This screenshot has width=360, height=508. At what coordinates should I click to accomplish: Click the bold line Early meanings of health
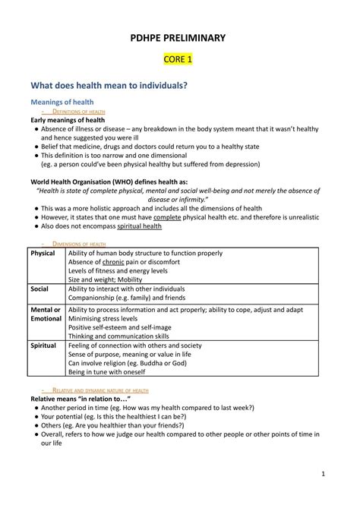point(68,120)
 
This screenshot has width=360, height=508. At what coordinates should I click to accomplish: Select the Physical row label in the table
point(43,253)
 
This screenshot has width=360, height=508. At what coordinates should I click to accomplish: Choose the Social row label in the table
point(39,289)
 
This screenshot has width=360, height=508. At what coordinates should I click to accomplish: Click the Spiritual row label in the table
point(43,345)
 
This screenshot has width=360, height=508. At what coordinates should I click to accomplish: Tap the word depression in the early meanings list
point(225,162)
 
